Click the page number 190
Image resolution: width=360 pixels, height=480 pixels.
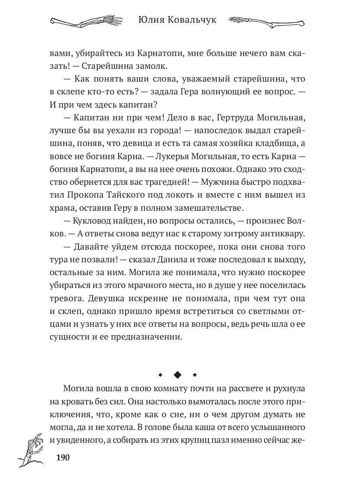click(63, 457)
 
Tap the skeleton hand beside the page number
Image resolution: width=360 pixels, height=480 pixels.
click(31, 452)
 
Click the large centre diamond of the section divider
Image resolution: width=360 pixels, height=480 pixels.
click(178, 375)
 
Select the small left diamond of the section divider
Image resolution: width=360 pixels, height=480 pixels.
click(160, 375)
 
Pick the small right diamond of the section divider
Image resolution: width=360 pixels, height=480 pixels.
click(195, 375)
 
